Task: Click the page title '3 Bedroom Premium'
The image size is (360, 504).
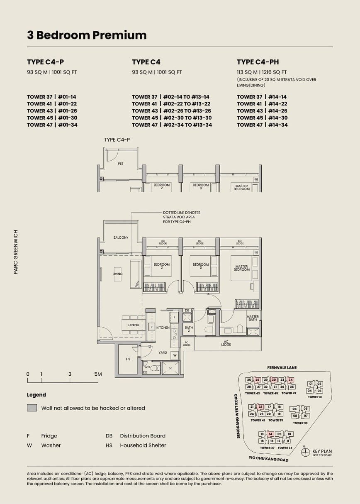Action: (87, 35)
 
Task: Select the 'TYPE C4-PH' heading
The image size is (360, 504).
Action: (258, 62)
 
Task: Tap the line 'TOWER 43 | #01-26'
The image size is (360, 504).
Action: (52, 111)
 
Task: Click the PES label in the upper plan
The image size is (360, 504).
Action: (120, 164)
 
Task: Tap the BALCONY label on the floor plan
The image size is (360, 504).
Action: (121, 237)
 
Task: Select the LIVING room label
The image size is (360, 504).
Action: (117, 274)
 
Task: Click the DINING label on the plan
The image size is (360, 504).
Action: (134, 325)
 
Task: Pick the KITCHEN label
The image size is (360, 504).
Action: (163, 328)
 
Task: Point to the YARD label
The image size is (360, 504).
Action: (163, 352)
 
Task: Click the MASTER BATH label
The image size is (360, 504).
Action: (253, 318)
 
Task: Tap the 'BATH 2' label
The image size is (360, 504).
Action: (189, 329)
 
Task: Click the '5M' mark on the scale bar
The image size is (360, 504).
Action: (98, 374)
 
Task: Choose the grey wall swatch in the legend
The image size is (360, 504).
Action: (32, 408)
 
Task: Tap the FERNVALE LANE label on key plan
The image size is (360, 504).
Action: (282, 368)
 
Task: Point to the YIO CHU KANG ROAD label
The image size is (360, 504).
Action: (268, 460)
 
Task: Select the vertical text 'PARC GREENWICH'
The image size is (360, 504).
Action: (16, 252)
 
